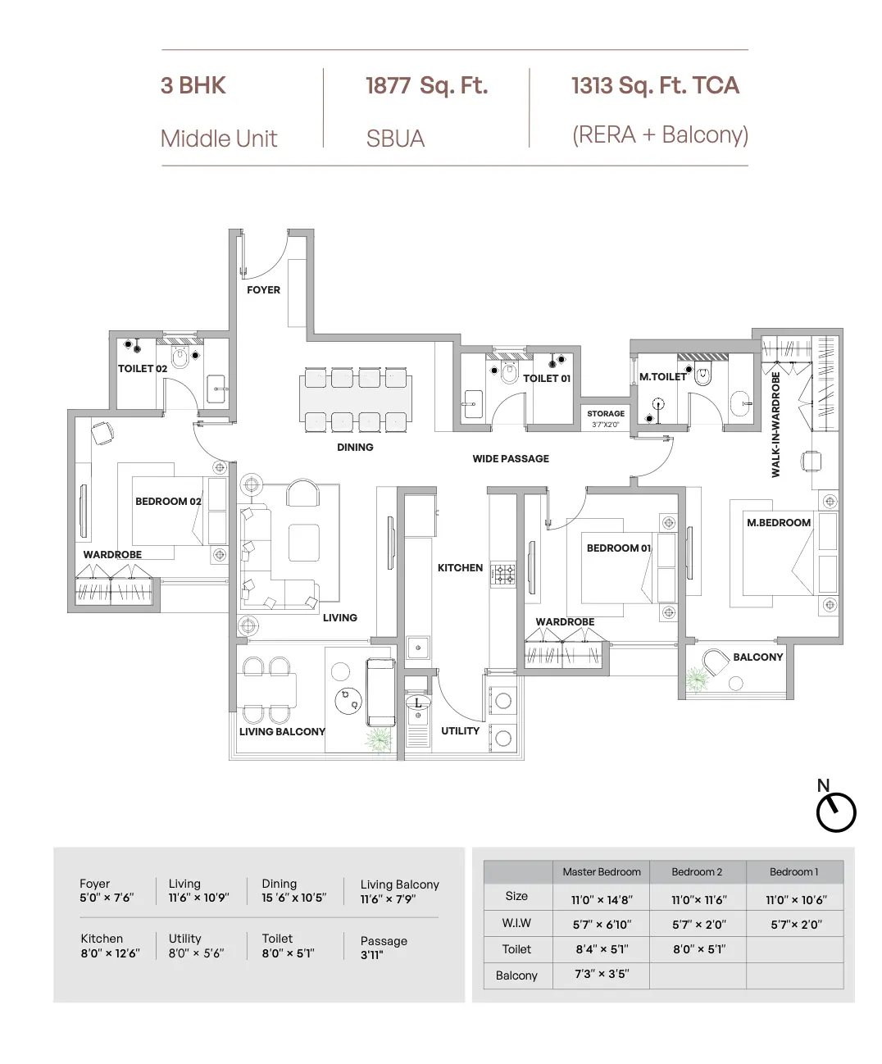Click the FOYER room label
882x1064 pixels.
click(x=263, y=290)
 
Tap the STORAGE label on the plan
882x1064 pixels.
click(x=605, y=413)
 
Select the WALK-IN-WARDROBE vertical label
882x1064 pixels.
click(x=775, y=425)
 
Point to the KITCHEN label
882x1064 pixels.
click(x=460, y=568)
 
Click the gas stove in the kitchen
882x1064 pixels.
click(x=503, y=575)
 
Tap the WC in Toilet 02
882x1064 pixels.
click(x=180, y=357)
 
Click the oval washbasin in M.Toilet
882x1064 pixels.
click(x=741, y=403)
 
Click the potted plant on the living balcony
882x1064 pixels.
click(x=379, y=739)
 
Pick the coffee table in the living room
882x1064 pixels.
click(x=303, y=543)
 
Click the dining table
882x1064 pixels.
click(x=356, y=400)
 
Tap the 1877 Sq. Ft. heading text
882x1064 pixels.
click(x=426, y=85)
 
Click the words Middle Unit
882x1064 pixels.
click(x=219, y=139)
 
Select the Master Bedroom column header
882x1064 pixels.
click(x=601, y=872)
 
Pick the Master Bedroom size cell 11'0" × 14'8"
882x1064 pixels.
click(x=601, y=900)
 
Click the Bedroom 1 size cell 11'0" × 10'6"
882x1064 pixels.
click(x=796, y=900)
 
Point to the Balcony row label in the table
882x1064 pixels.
click(x=516, y=975)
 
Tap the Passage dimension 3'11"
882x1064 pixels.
click(x=371, y=955)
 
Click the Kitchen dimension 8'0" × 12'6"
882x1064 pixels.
click(x=110, y=953)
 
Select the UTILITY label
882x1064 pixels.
click(x=460, y=730)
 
